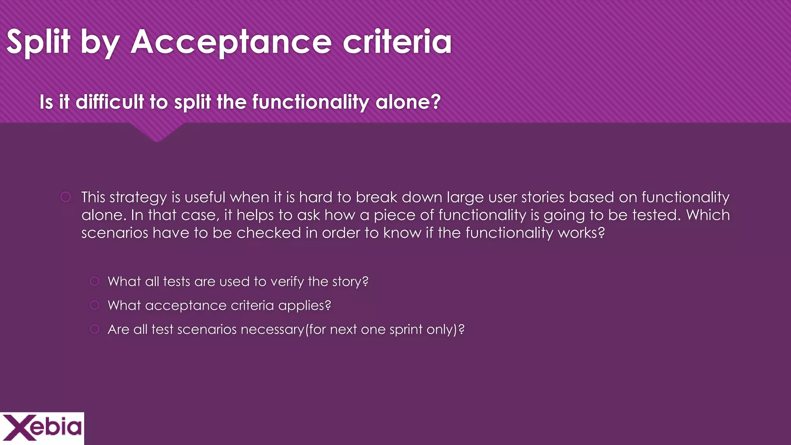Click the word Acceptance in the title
click(x=231, y=42)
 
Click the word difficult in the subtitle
click(x=110, y=102)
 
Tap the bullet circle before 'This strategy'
click(x=66, y=197)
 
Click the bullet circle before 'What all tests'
click(x=95, y=281)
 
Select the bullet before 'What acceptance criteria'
click(x=95, y=305)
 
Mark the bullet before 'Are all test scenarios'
click(x=95, y=329)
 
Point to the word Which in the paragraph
click(x=708, y=215)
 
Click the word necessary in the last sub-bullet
click(x=272, y=330)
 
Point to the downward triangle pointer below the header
click(x=157, y=133)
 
